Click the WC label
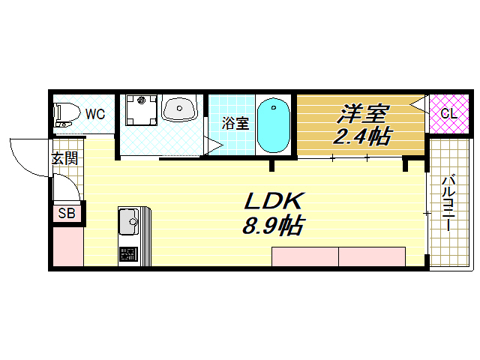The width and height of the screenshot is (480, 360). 94,114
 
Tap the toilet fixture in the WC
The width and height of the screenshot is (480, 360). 67,115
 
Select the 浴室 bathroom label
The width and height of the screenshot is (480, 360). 235,124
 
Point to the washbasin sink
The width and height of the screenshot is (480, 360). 179,109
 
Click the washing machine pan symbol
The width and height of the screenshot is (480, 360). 141,111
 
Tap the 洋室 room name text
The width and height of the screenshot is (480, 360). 362,113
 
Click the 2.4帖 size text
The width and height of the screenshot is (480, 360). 362,136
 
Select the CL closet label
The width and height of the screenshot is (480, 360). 448,114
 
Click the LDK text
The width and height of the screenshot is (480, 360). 273,201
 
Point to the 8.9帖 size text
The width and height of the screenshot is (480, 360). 273,224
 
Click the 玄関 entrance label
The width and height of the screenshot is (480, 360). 64,158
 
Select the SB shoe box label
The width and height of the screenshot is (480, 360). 67,214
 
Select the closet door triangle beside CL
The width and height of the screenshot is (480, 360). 420,105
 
